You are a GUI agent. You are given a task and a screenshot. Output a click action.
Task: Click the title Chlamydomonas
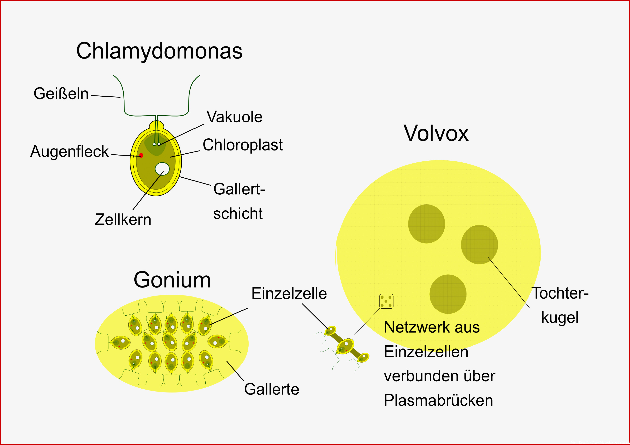[159, 51]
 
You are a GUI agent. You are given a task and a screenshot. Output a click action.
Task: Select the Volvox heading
[436, 134]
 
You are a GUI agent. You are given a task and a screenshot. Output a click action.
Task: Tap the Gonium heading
[172, 280]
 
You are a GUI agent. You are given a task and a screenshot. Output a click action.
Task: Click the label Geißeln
[61, 93]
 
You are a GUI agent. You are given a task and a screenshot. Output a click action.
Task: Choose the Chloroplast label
[243, 145]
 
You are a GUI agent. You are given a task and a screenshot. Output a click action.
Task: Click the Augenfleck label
[69, 152]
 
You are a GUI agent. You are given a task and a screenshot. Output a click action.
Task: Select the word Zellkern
[123, 220]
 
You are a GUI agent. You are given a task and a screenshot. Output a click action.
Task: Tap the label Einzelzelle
[289, 293]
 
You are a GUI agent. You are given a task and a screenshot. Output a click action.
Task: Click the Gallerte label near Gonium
[272, 389]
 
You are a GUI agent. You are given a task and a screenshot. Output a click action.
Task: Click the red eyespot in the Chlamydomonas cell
[141, 155]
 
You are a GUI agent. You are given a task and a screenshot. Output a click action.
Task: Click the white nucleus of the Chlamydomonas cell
[162, 169]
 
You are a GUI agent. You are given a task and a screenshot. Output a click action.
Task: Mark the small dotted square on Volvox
[386, 301]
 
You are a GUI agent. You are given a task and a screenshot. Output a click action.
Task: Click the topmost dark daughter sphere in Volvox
[426, 224]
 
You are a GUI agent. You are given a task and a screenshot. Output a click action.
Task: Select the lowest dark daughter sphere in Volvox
[448, 294]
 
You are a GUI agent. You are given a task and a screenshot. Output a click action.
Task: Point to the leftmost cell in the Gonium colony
[120, 342]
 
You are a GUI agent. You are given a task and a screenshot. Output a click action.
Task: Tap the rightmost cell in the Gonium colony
[218, 341]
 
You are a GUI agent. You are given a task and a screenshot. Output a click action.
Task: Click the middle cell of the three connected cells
[345, 347]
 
